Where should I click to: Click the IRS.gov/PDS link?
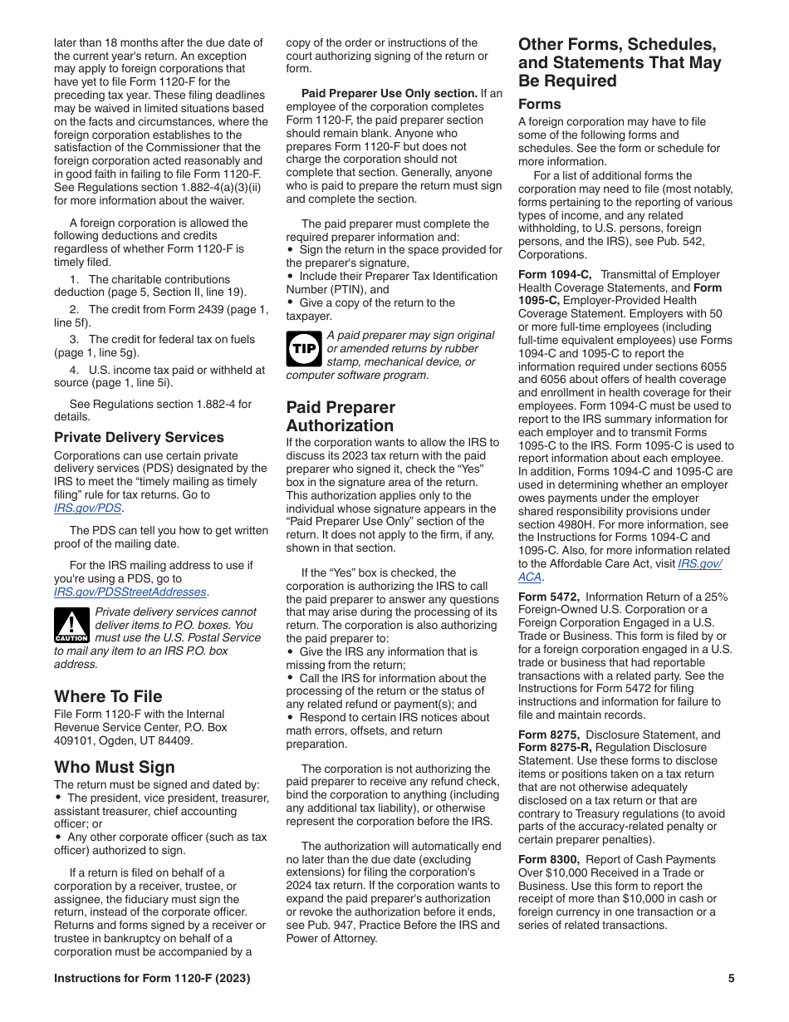pyautogui.click(x=88, y=508)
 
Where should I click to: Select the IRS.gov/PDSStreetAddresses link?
pyautogui.click(x=130, y=592)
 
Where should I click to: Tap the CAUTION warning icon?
pyautogui.click(x=71, y=625)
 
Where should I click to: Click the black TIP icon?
pyautogui.click(x=303, y=348)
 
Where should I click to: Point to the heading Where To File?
pyautogui.click(x=108, y=696)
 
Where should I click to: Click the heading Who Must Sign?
pyautogui.click(x=115, y=766)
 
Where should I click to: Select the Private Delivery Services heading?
pyautogui.click(x=139, y=437)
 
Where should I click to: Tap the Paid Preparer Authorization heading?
pyautogui.click(x=341, y=416)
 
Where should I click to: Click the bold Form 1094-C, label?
pyautogui.click(x=555, y=274)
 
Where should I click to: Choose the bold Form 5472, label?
pyautogui.click(x=549, y=597)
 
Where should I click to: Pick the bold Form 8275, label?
pyautogui.click(x=549, y=735)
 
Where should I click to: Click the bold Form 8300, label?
pyautogui.click(x=549, y=859)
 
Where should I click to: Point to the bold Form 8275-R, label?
pyautogui.click(x=556, y=747)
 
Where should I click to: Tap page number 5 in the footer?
pyautogui.click(x=731, y=978)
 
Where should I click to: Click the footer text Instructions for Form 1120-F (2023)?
pyautogui.click(x=152, y=978)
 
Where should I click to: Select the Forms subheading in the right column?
pyautogui.click(x=539, y=104)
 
